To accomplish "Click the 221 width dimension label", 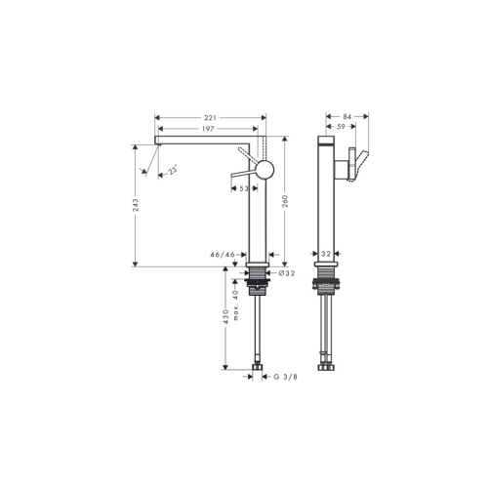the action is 210,117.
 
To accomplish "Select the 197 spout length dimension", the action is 208,129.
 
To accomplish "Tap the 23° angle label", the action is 172,171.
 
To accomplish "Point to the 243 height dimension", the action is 136,205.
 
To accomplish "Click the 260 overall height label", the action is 285,201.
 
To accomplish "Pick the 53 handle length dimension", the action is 244,188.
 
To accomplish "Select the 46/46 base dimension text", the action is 223,255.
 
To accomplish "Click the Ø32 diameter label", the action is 287,273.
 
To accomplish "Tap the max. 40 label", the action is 236,305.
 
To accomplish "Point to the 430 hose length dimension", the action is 226,316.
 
